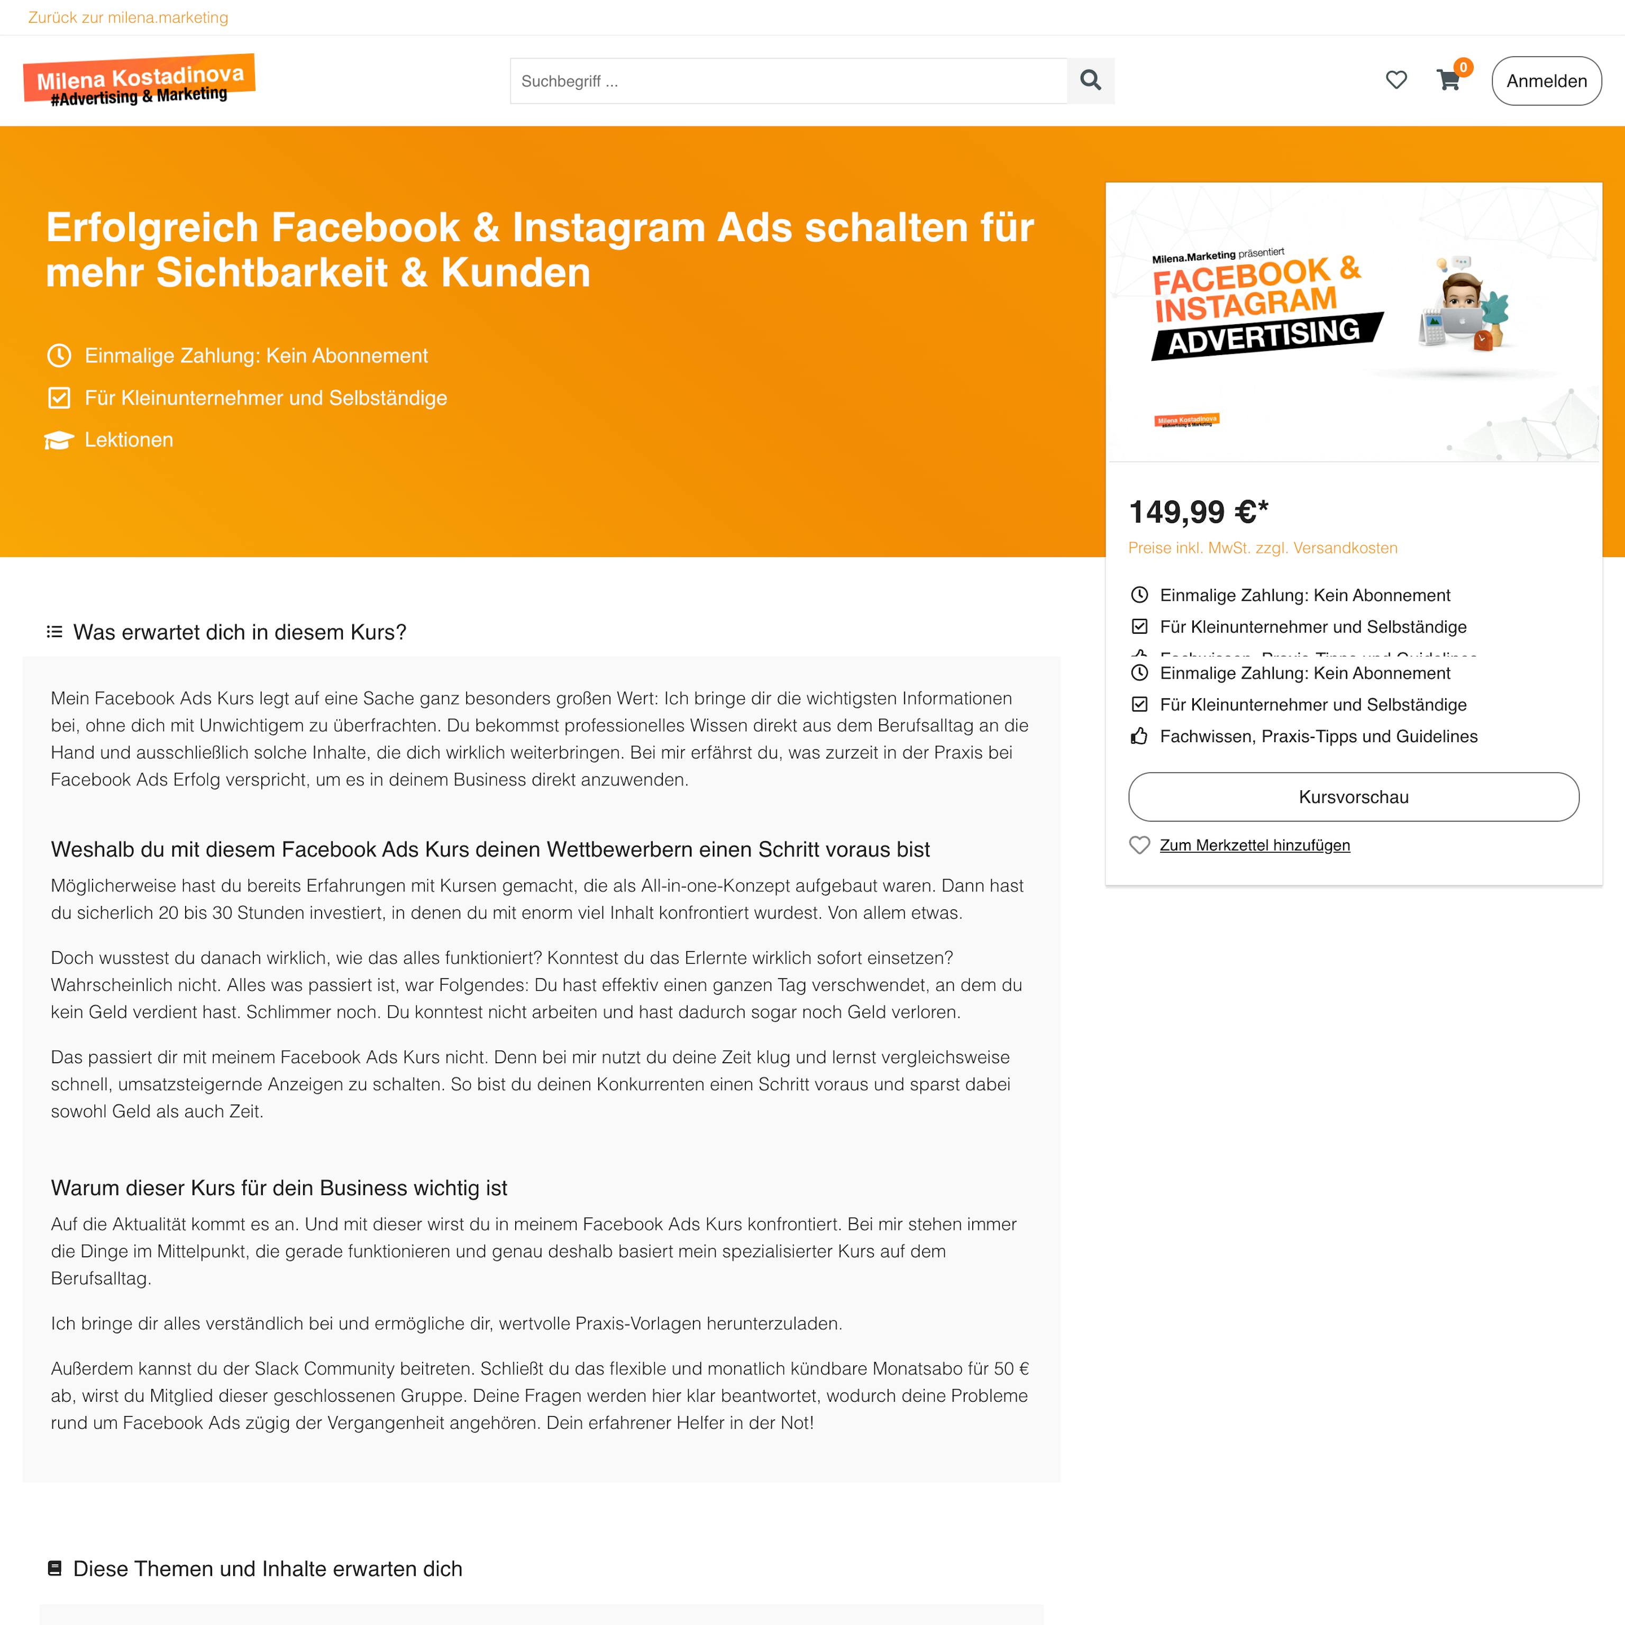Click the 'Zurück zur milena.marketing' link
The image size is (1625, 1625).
coord(128,17)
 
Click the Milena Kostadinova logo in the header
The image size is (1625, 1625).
coord(139,81)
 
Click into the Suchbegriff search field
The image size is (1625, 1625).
coord(788,81)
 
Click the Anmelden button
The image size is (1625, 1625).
coord(1546,81)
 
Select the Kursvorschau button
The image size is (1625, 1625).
coord(1353,797)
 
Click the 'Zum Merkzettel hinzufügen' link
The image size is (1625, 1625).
coord(1254,845)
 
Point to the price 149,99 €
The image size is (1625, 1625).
coord(1198,512)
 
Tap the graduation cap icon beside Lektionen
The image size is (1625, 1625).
coord(59,440)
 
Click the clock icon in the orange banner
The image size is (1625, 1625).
coord(59,356)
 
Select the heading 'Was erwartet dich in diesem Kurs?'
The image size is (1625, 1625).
coord(240,633)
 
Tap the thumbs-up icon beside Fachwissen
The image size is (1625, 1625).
coord(1139,737)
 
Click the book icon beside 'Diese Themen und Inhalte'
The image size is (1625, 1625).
coord(54,1568)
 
